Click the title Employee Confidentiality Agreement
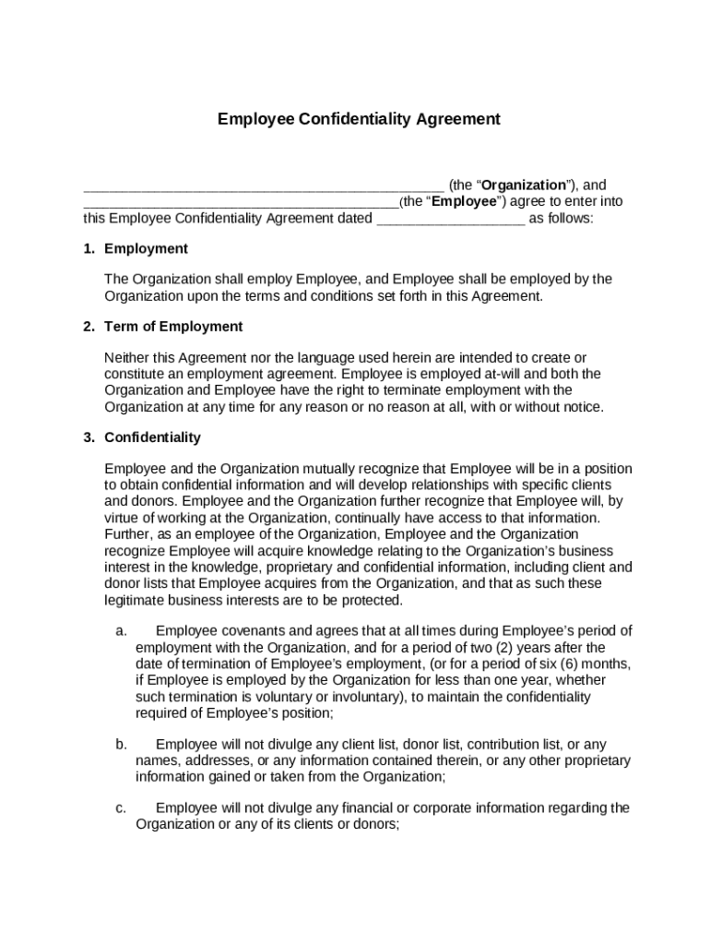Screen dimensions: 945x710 click(x=359, y=119)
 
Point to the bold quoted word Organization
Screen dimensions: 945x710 click(x=524, y=185)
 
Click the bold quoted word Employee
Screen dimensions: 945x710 click(x=464, y=201)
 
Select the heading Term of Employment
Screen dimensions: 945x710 click(x=173, y=327)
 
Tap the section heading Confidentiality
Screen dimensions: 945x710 click(x=152, y=437)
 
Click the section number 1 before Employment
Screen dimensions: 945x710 click(x=89, y=249)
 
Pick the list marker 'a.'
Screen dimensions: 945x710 click(x=121, y=631)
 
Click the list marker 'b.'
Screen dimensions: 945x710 click(x=121, y=744)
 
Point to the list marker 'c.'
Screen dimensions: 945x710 click(x=121, y=808)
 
